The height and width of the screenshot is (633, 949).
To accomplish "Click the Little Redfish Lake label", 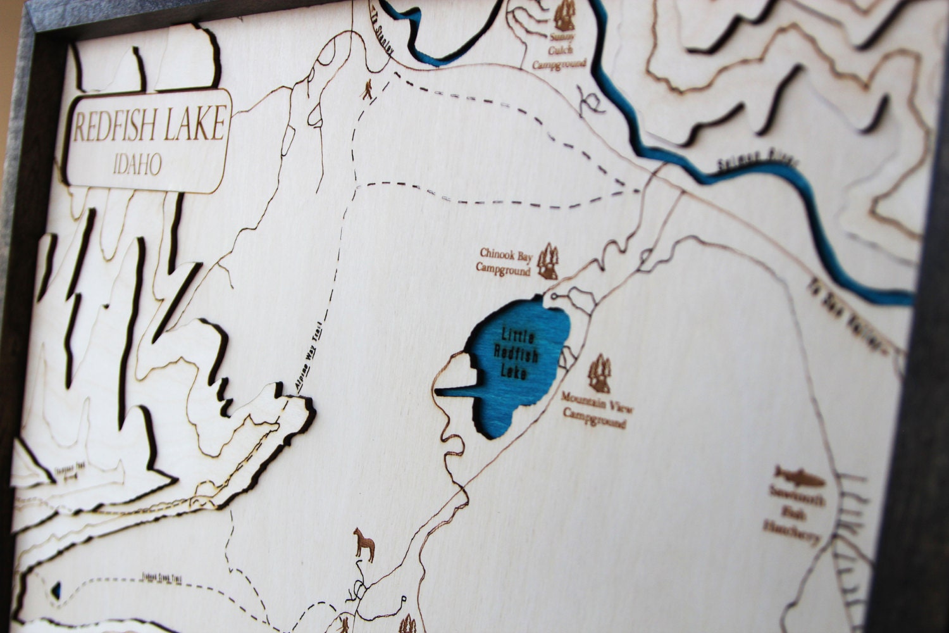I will (x=518, y=354).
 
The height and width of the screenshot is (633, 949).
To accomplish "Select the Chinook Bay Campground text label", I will (x=506, y=262).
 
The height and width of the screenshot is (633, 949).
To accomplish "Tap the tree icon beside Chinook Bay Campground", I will (x=548, y=261).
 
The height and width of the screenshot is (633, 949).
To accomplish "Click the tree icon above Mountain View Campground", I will (x=599, y=373).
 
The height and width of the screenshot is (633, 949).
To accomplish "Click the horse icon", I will (x=364, y=543).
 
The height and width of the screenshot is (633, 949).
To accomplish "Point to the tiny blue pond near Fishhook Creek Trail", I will (x=58, y=591).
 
